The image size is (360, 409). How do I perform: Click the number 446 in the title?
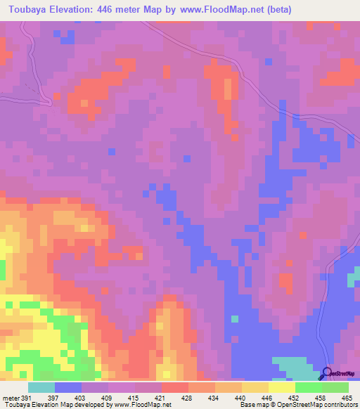(x=108, y=10)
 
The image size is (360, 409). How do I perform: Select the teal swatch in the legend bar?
(x=41, y=387)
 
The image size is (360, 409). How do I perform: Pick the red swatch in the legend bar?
(x=175, y=387)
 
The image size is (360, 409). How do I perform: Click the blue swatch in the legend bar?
(x=68, y=387)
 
